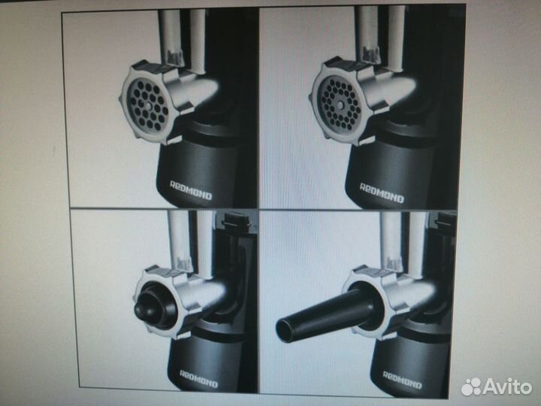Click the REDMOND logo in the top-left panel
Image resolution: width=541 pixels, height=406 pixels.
coord(191,190)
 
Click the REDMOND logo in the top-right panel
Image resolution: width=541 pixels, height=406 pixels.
coord(382,193)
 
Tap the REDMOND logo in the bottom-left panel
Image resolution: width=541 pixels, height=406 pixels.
coord(199,378)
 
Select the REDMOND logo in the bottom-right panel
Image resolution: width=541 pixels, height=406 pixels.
coord(403,380)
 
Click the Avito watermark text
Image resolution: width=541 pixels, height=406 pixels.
coord(507,386)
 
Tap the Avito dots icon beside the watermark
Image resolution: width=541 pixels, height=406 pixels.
coord(471,386)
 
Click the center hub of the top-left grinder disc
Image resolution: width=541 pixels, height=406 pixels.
coord(147,105)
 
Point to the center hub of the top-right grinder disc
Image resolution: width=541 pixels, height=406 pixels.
coord(340,105)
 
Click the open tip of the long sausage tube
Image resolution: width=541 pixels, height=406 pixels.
coord(283,326)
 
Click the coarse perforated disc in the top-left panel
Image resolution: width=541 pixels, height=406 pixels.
coord(147,105)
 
